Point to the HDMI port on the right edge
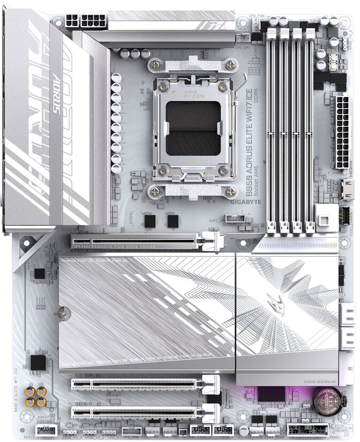tap(348, 189)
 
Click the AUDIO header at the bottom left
tap(46, 430)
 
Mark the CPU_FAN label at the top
tap(258, 17)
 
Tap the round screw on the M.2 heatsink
tap(63, 310)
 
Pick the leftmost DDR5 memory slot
tap(271, 128)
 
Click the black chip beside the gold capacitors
tap(38, 363)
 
